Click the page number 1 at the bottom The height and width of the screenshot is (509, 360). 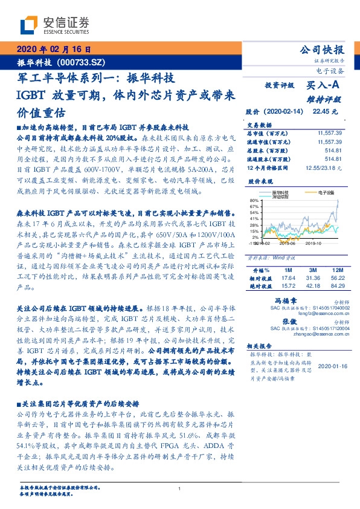click(x=180, y=489)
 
